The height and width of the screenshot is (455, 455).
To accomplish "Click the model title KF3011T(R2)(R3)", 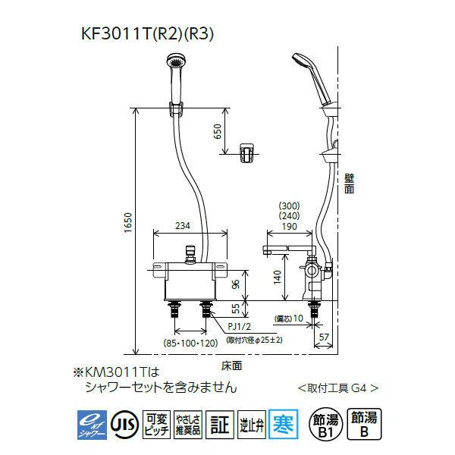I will [x=149, y=34].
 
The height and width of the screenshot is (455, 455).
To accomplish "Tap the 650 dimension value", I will [x=218, y=132].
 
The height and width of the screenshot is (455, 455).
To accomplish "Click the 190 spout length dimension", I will [x=288, y=225].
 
